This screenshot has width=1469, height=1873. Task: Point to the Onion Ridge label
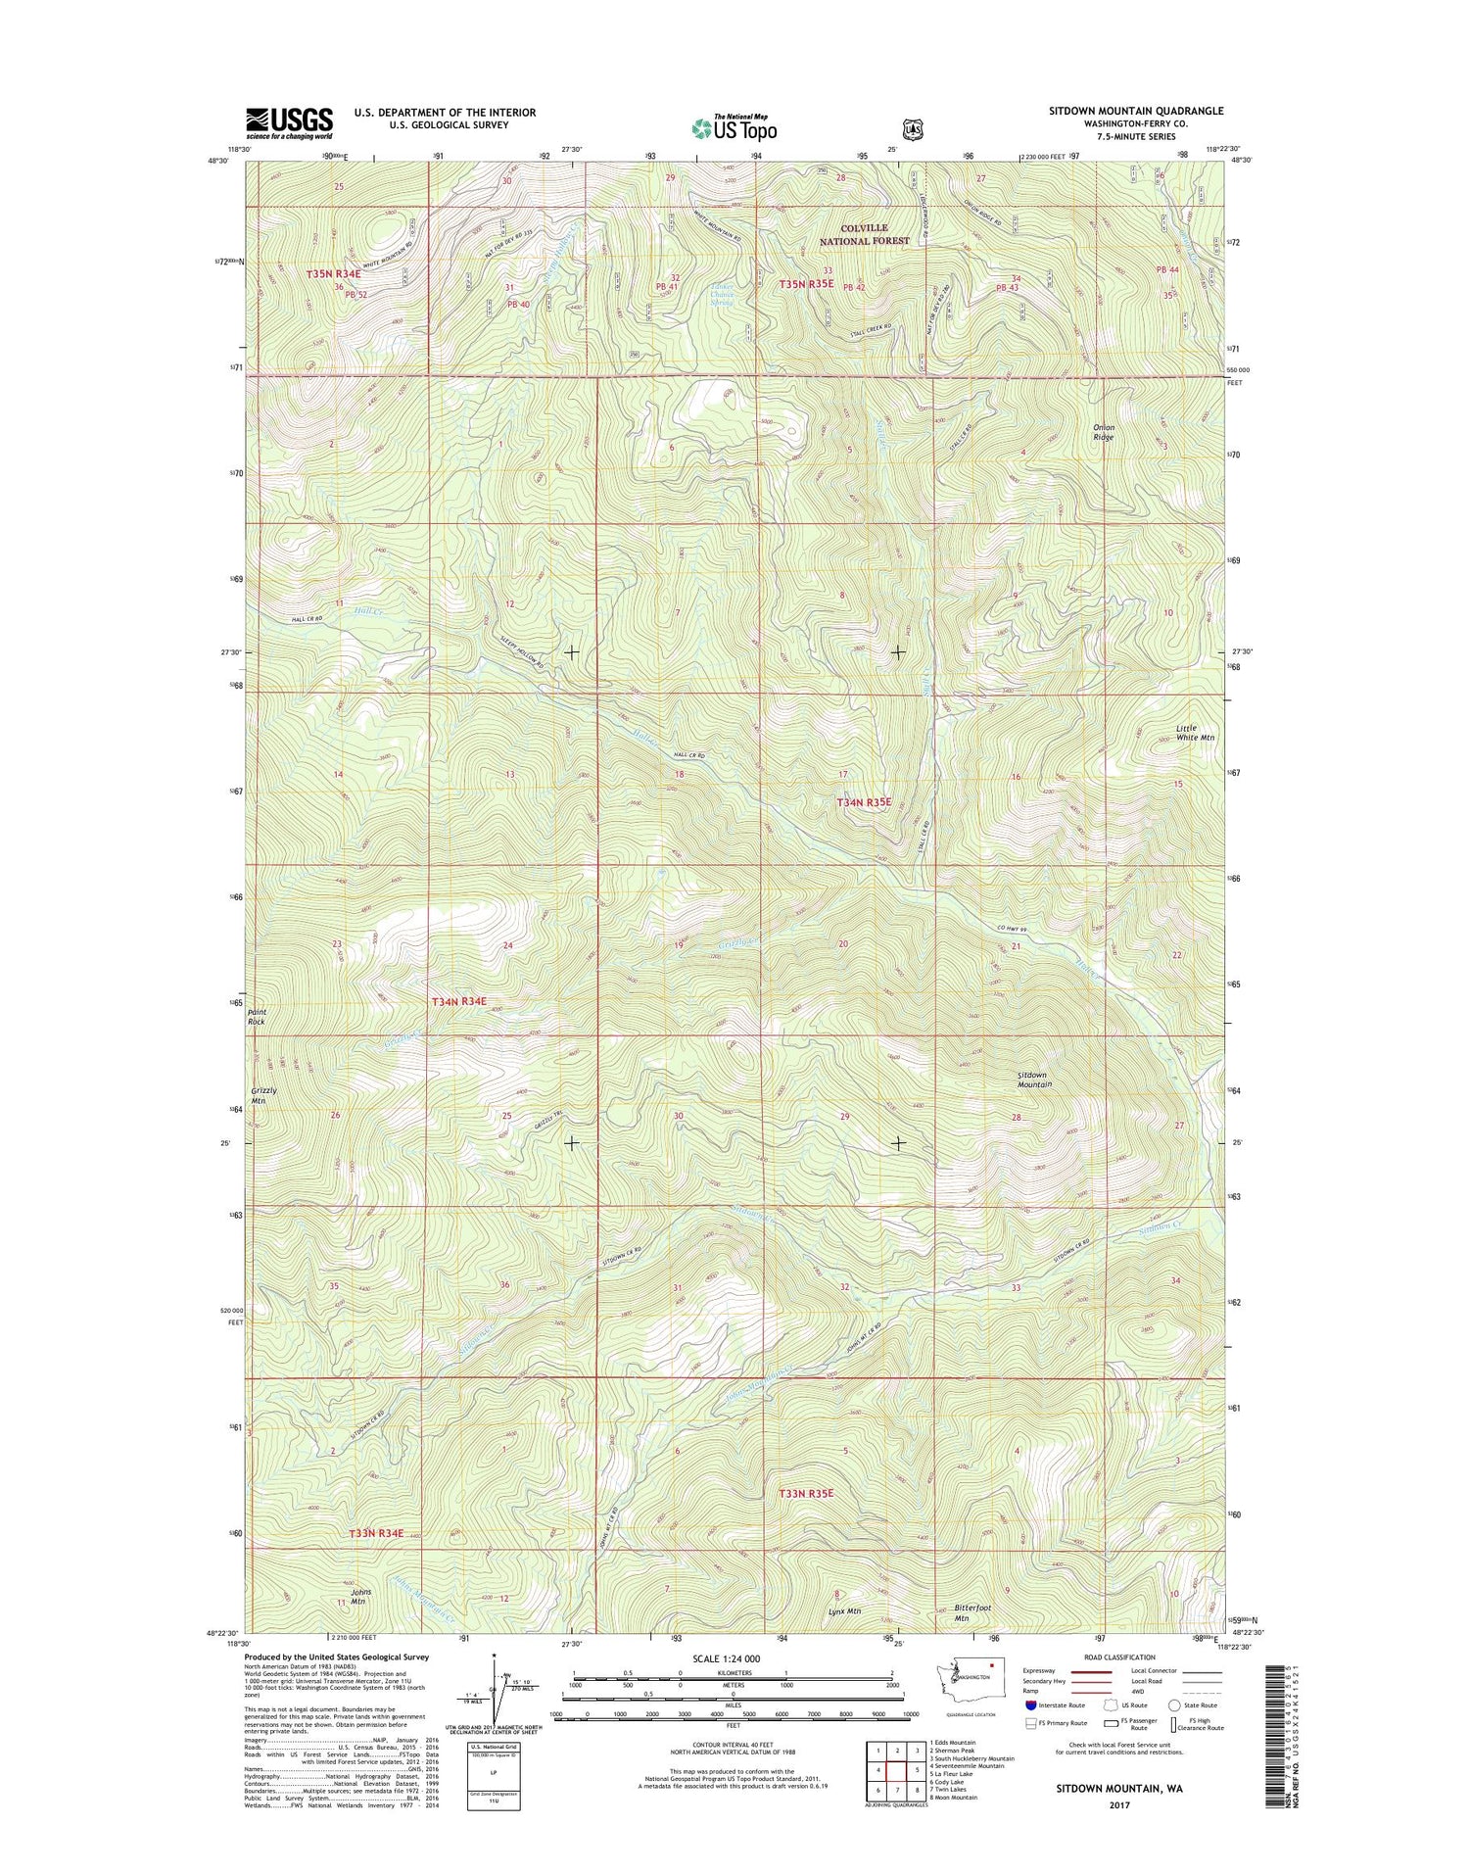point(1103,432)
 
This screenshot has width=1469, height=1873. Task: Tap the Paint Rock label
point(257,1016)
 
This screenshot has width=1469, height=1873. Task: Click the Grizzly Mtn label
point(263,1095)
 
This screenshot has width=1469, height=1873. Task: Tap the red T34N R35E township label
point(864,801)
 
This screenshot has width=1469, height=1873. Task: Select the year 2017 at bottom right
point(1118,1803)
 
